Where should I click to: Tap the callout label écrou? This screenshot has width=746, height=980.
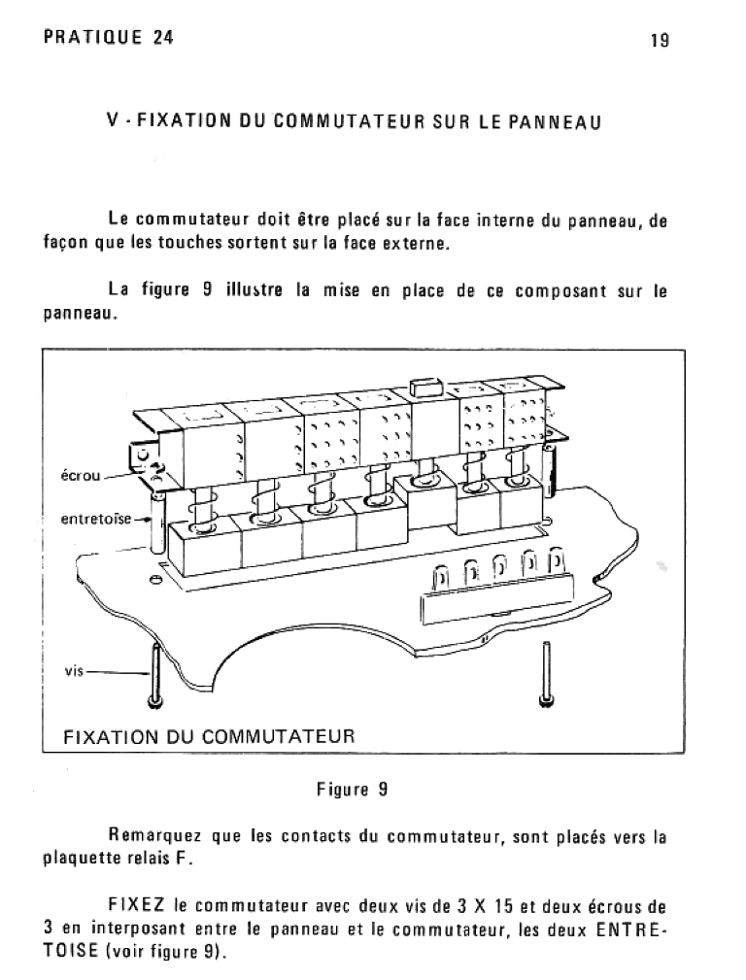coord(78,477)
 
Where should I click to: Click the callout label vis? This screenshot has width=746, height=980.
coord(75,671)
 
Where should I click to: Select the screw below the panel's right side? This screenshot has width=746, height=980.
coord(544,680)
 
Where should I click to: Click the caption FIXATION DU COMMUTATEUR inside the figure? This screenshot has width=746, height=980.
coord(209,735)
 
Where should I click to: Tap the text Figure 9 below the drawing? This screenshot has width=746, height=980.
coord(352,790)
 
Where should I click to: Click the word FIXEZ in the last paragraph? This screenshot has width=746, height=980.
coord(135,908)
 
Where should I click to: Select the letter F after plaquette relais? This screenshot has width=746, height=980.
coord(187,860)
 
